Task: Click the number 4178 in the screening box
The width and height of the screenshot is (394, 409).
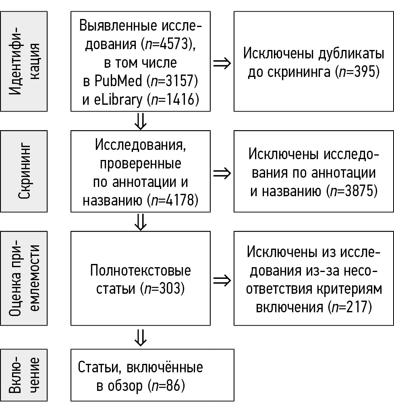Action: pos(183,200)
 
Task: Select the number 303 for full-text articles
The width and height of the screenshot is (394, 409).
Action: pos(170,289)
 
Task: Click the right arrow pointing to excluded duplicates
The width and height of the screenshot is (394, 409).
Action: pos(222,64)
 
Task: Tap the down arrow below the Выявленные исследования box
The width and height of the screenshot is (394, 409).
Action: pos(140,121)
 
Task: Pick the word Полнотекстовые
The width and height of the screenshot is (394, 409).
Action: pos(141,270)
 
